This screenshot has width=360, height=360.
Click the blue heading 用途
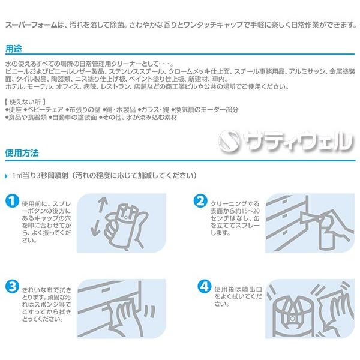tap(14, 49)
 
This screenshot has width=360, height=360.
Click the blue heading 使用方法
tap(22, 152)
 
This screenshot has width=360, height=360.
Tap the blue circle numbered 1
tap(12, 201)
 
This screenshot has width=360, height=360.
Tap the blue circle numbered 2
tap(200, 201)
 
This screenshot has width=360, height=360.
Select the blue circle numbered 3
tap(12, 287)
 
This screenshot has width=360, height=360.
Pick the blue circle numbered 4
tap(205, 286)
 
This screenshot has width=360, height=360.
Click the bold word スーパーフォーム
tap(31, 25)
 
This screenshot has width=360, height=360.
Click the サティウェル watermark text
tap(298, 141)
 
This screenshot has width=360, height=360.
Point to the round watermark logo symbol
tap(229, 141)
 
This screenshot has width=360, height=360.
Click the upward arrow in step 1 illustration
tap(101, 205)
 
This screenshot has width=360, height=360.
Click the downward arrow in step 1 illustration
tap(96, 228)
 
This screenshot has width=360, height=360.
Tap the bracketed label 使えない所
tap(25, 102)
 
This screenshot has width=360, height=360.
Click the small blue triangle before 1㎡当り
tap(7, 176)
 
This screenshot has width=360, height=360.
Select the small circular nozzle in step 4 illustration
tap(292, 319)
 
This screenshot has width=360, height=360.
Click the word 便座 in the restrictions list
tap(15, 110)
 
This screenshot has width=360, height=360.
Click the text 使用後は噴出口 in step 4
tap(238, 289)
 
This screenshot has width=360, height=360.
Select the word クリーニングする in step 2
tap(235, 203)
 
